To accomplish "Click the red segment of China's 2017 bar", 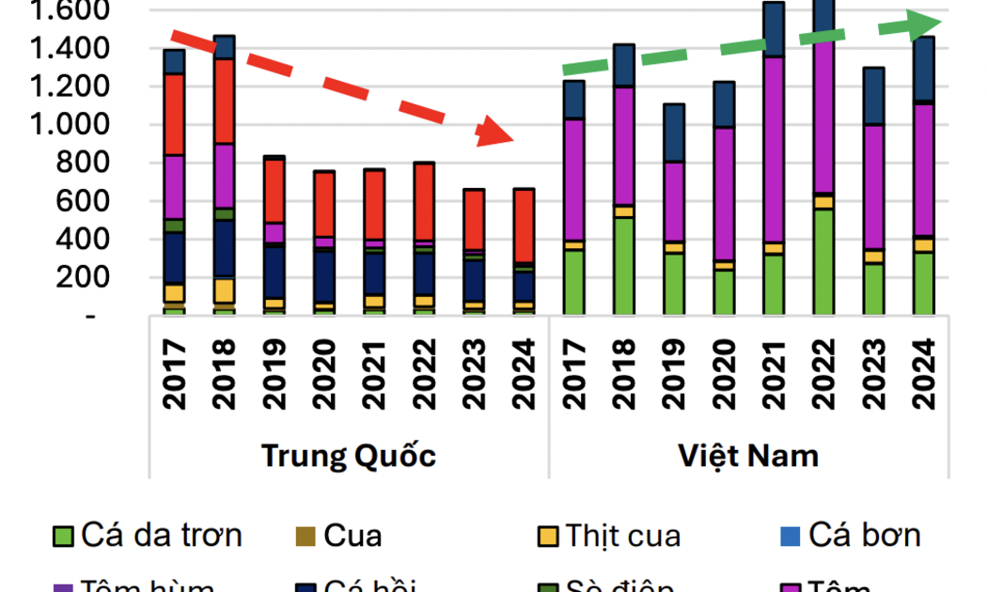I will click(174, 114).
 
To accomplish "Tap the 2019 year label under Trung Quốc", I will click(274, 374).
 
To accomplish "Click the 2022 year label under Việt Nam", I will click(823, 374).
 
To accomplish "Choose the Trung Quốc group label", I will click(348, 456).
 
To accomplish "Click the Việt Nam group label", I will click(748, 456).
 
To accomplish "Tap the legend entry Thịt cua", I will click(622, 536).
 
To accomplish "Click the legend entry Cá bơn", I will click(864, 536).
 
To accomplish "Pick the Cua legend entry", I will click(352, 536).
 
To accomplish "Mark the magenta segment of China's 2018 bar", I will click(224, 175).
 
